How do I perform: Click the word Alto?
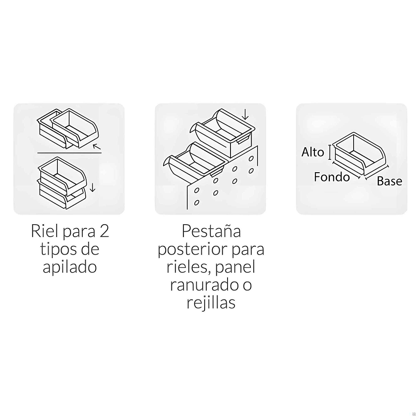point(312,152)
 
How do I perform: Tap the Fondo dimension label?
point(332,177)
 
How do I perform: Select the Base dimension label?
point(389,181)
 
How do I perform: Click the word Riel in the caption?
point(45,231)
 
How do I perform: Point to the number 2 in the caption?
point(104,231)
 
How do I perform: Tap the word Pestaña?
point(211,231)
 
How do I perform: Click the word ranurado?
point(204,285)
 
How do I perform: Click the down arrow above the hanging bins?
point(245,114)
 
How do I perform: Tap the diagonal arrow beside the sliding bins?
point(97,146)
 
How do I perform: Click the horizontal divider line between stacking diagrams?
point(69,153)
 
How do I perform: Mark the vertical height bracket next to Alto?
point(330,152)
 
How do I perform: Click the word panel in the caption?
point(235,267)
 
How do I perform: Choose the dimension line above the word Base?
point(377,173)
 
